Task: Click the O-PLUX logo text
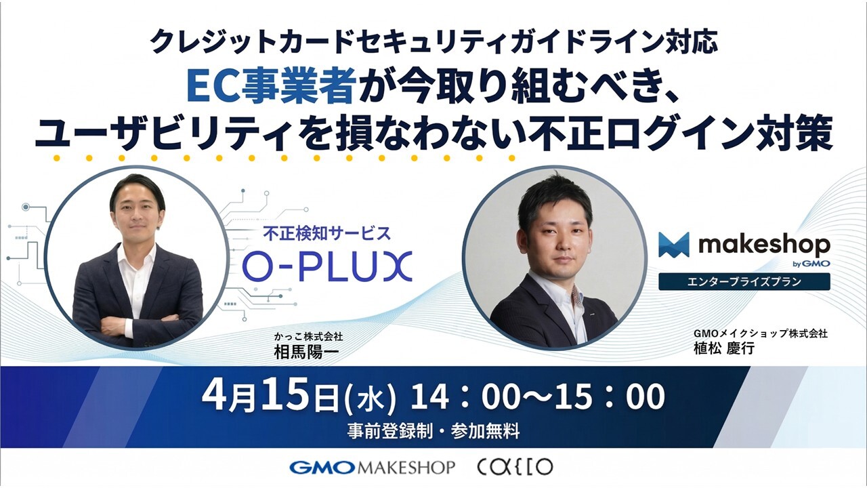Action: pyautogui.click(x=327, y=266)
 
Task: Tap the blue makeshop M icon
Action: pyautogui.click(x=673, y=245)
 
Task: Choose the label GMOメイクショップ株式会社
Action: pyautogui.click(x=760, y=333)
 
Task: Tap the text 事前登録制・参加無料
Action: pyautogui.click(x=433, y=429)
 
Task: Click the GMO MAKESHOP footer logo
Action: pyautogui.click(x=372, y=467)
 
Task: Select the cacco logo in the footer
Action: pyautogui.click(x=515, y=467)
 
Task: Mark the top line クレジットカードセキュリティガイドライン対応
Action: pyautogui.click(x=433, y=43)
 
